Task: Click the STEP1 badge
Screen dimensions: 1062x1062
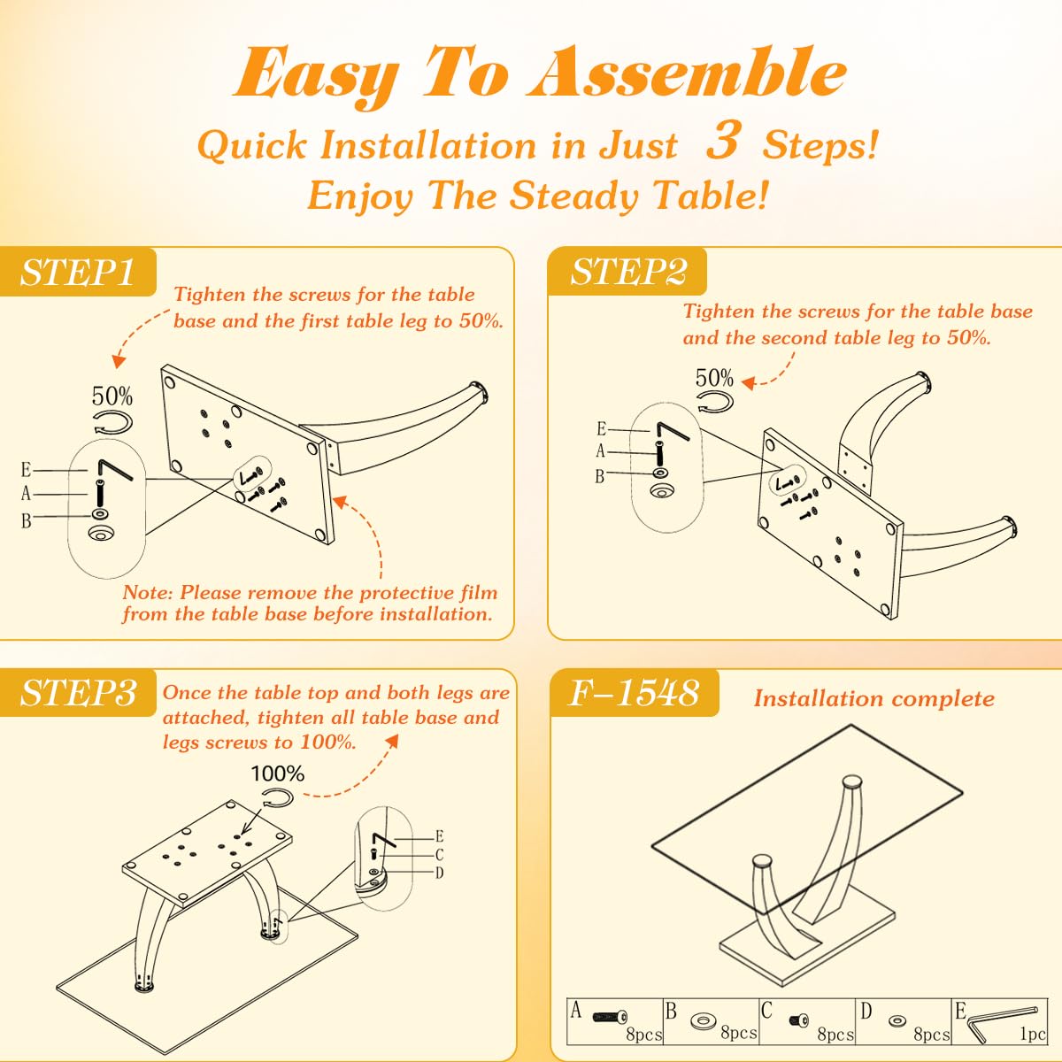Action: pos(78,272)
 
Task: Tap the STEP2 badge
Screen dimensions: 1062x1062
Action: pos(627,272)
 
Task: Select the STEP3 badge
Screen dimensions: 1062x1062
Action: pos(79,693)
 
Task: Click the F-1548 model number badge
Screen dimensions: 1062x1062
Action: pos(634,693)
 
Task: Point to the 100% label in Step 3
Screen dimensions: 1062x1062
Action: pos(277,773)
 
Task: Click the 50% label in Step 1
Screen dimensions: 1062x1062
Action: pos(112,396)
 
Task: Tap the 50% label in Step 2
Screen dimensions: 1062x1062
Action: pos(714,378)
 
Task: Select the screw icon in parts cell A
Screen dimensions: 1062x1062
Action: pos(610,1018)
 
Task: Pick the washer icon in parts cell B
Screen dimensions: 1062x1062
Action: pos(704,1021)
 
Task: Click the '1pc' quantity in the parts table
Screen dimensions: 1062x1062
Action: pos(1032,1034)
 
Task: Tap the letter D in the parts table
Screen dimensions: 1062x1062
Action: pos(866,1011)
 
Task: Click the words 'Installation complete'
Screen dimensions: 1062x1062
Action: pos(873,698)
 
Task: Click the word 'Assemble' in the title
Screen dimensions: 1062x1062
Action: pos(686,73)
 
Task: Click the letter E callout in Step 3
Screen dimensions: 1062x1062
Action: pos(439,836)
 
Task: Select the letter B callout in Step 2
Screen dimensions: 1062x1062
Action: pos(599,476)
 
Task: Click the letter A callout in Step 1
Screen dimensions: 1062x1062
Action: pos(26,494)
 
